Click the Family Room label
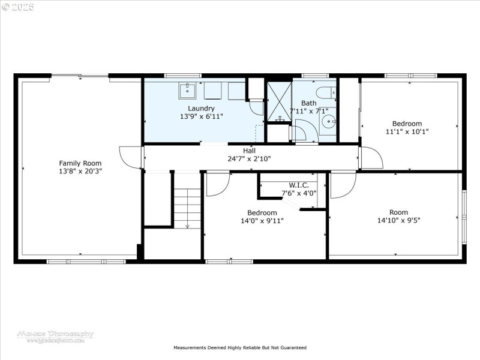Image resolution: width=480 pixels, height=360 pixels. click(80, 163)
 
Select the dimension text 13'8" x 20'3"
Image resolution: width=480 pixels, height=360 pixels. click(80, 171)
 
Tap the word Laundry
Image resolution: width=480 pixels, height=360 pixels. click(202, 108)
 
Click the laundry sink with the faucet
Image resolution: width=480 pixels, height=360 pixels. click(187, 91)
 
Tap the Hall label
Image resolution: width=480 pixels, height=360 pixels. click(249, 151)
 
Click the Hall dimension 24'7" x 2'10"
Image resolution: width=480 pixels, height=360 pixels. click(249, 159)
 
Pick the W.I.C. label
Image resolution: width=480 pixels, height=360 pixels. click(299, 185)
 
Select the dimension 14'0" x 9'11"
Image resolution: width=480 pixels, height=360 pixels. click(262, 221)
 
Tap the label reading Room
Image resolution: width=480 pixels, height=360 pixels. click(398, 212)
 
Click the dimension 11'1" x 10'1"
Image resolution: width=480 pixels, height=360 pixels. click(412, 131)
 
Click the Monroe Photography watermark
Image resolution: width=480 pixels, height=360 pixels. click(55, 336)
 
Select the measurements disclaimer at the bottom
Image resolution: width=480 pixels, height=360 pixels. click(240, 347)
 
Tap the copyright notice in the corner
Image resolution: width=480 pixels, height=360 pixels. click(18, 7)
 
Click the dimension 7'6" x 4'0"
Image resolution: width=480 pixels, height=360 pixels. click(299, 193)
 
